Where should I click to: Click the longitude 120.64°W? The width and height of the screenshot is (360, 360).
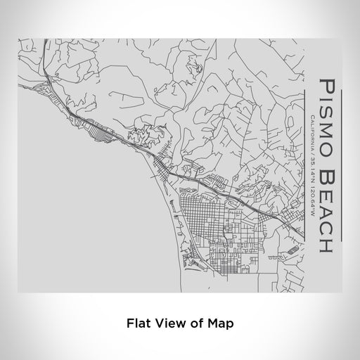pos(311,201)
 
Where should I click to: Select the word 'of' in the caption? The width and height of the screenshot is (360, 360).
pos(193,323)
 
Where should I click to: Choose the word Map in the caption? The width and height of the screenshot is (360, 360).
pos(219,323)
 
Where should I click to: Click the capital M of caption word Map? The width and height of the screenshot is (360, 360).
pos(212,323)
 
